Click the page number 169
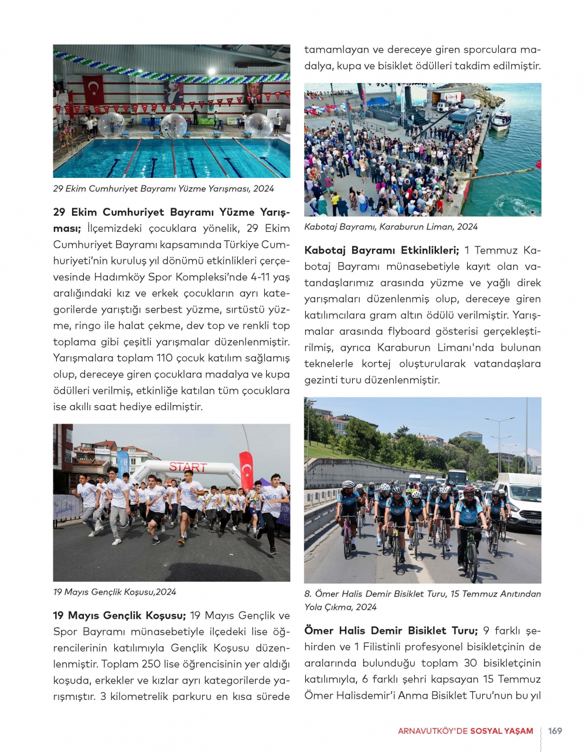554,730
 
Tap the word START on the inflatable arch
188,467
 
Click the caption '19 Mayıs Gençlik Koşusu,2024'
114,592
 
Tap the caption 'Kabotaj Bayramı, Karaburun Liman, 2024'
391,226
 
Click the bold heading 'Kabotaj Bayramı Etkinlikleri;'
381,250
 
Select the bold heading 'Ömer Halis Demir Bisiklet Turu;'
391,630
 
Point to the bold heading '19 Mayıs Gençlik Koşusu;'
120,615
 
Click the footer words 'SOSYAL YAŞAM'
506,731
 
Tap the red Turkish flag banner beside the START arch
246,469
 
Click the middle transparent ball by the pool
173,125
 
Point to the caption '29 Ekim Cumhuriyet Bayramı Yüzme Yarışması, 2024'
163,188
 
